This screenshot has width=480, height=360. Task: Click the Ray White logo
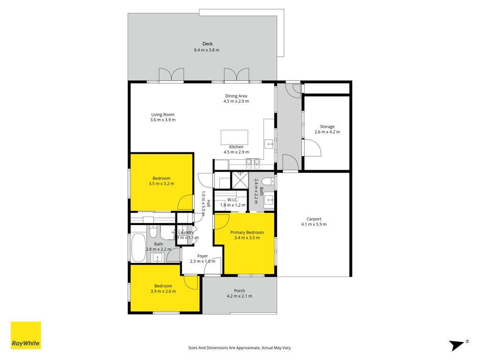pyautogui.click(x=26, y=335)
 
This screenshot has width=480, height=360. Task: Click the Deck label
pyautogui.click(x=207, y=44)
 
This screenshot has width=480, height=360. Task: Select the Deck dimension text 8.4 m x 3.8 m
pyautogui.click(x=207, y=50)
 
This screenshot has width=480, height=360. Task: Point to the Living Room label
pyautogui.click(x=163, y=114)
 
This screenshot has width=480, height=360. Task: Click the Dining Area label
pyautogui.click(x=236, y=96)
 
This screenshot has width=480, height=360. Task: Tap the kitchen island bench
pyautogui.click(x=234, y=137)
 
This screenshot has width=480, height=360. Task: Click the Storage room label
pyautogui.click(x=327, y=127)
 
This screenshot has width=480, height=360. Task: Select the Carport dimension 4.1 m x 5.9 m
pyautogui.click(x=314, y=224)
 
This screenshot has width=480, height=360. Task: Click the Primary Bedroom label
pyautogui.click(x=247, y=232)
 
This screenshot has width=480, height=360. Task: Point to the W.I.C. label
pyautogui.click(x=232, y=200)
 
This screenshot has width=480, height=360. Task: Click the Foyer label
pyautogui.click(x=202, y=256)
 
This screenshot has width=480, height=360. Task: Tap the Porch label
pyautogui.click(x=240, y=291)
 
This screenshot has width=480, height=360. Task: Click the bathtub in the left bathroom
pyautogui.click(x=138, y=247)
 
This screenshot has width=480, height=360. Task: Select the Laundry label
pyautogui.click(x=186, y=232)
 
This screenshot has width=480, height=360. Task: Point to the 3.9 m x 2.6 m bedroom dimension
pyautogui.click(x=163, y=291)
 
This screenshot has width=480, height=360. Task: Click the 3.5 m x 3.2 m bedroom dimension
pyautogui.click(x=161, y=184)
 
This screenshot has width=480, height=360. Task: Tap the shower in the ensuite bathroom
pyautogui.click(x=240, y=180)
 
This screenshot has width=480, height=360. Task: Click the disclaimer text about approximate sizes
pyautogui.click(x=240, y=348)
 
